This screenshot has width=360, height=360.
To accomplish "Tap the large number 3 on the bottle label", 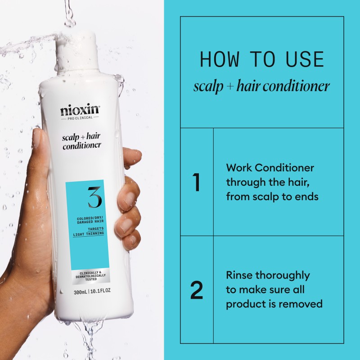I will click(95, 198).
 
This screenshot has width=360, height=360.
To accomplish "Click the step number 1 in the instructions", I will click(196, 182).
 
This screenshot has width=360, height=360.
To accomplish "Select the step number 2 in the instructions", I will click(197, 290).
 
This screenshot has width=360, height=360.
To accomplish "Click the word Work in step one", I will click(239, 168).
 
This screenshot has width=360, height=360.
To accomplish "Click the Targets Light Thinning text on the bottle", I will click(89, 231).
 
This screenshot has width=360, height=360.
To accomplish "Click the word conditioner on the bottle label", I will click(81, 146).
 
